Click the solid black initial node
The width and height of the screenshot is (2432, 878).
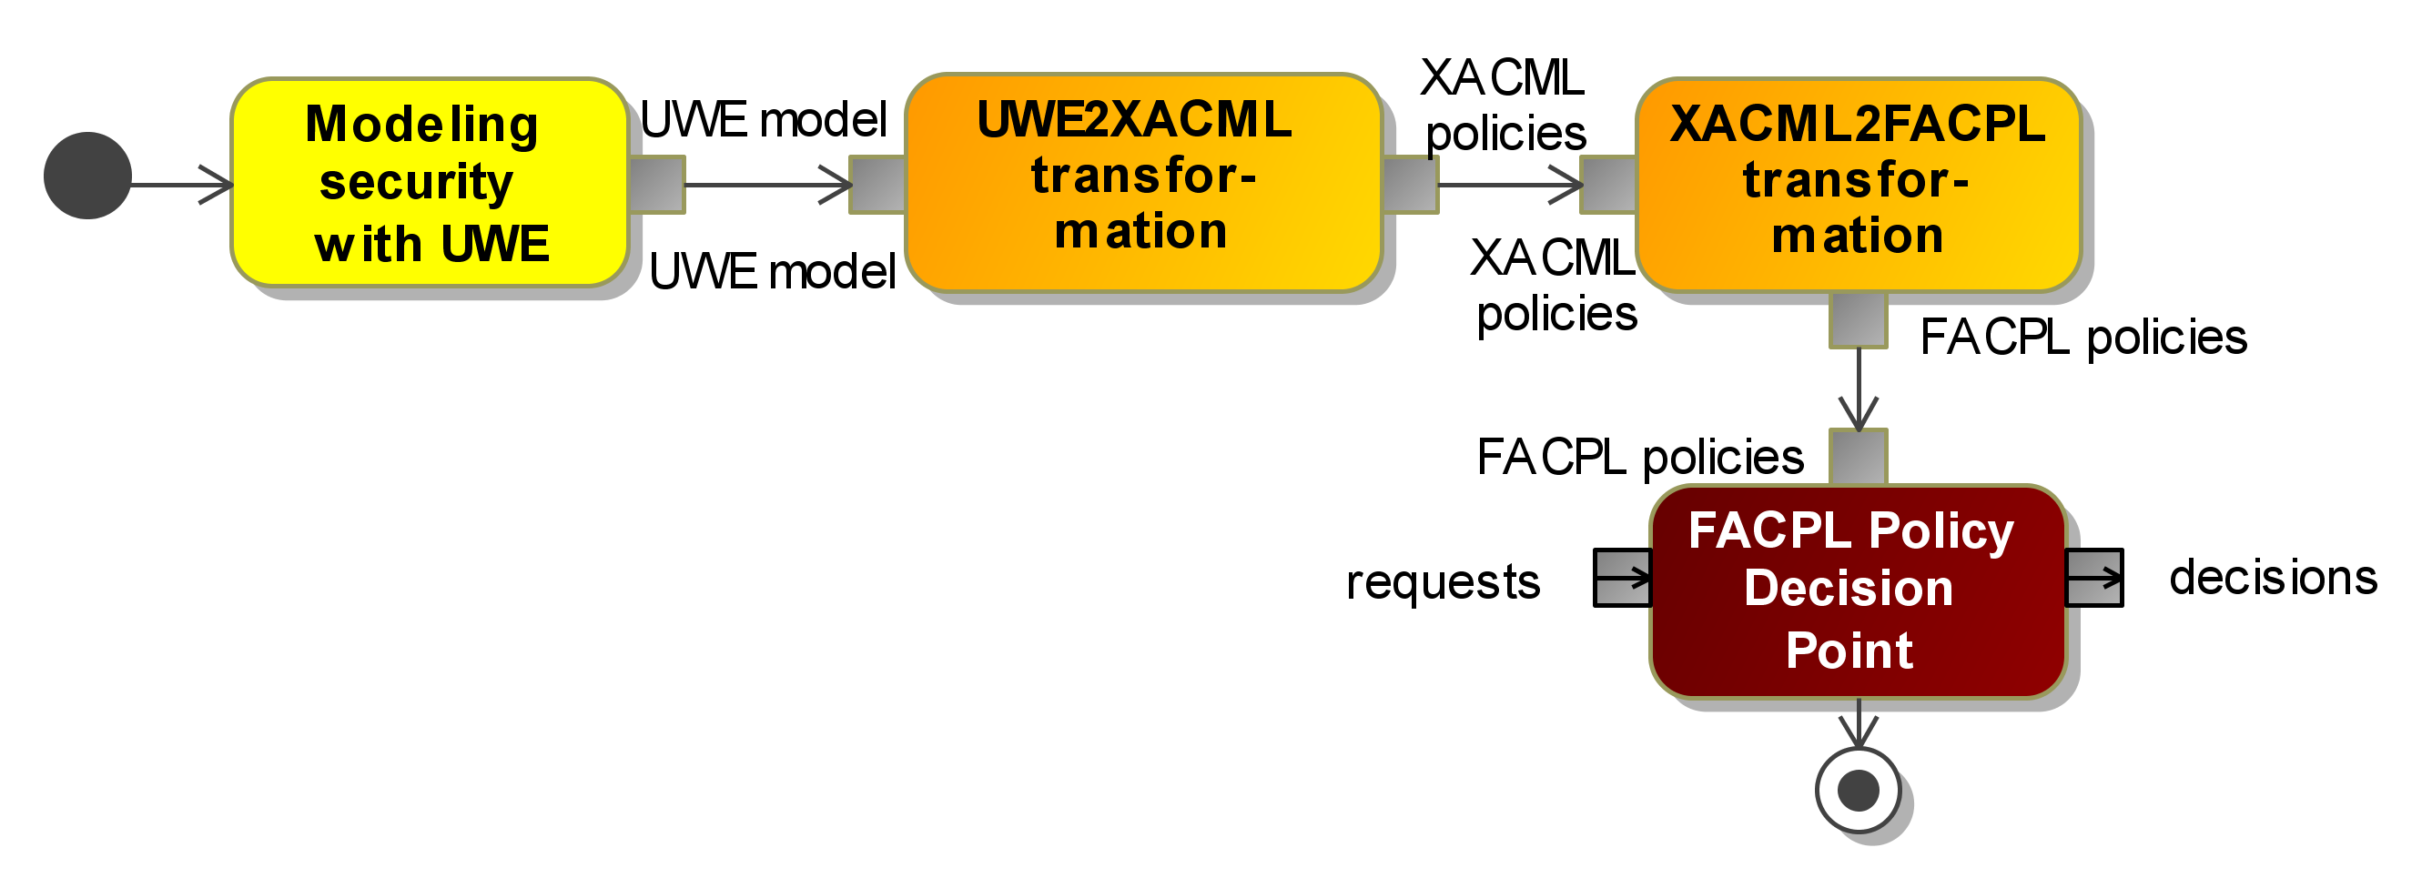(x=87, y=176)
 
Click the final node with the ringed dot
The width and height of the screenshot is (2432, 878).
(x=1859, y=790)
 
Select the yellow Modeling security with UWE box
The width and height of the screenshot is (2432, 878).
(x=431, y=182)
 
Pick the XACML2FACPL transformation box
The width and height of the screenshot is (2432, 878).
(x=1859, y=185)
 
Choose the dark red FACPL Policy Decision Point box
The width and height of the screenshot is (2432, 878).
(x=1859, y=592)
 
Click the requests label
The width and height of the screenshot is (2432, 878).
(x=1443, y=581)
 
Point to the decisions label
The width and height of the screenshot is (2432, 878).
(x=2274, y=576)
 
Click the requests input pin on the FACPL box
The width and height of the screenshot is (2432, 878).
(x=1623, y=577)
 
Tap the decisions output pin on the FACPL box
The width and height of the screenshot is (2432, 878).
(x=2095, y=577)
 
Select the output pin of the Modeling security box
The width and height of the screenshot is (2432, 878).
(x=657, y=185)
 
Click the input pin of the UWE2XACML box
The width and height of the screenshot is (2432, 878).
(x=878, y=185)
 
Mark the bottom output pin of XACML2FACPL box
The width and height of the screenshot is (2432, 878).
(x=1859, y=320)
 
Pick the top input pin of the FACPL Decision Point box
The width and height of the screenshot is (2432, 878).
(x=1859, y=457)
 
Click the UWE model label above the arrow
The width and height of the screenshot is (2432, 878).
(x=764, y=120)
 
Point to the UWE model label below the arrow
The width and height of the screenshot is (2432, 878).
(x=772, y=271)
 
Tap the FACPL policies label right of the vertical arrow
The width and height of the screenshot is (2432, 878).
(x=2083, y=337)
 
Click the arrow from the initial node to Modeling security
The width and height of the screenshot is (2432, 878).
(x=182, y=184)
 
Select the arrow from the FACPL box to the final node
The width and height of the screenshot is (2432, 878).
(x=1859, y=723)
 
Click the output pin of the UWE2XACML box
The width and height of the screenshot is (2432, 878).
(x=1411, y=185)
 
